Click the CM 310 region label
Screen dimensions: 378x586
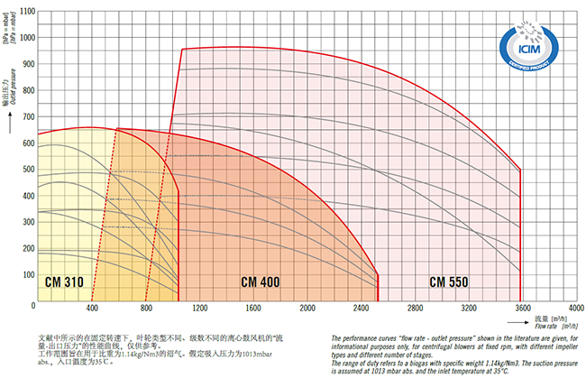click(64, 282)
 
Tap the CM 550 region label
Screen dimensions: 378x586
click(448, 282)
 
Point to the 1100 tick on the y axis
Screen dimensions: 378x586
click(25, 12)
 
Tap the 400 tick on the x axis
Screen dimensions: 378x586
click(91, 309)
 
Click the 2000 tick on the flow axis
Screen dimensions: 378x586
click(307, 309)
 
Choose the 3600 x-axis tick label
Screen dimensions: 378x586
click(522, 309)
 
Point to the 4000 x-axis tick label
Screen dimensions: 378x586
click(574, 309)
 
